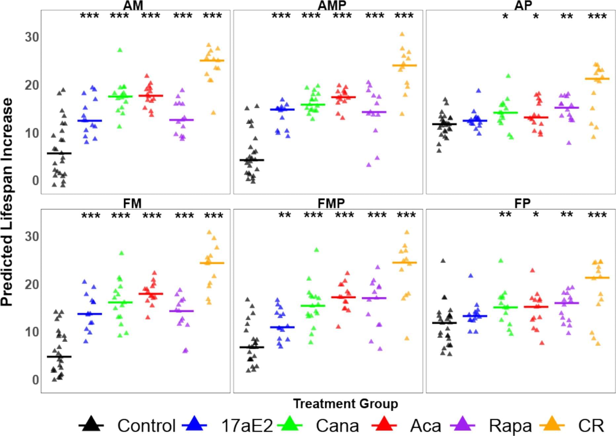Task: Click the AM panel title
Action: click(133, 5)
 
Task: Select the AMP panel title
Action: click(332, 5)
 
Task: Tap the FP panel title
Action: click(522, 203)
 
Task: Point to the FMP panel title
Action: click(331, 203)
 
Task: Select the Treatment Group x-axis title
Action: click(345, 404)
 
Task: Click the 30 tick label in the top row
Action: click(32, 37)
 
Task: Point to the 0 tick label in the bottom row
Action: click(35, 380)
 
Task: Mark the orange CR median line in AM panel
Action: click(212, 60)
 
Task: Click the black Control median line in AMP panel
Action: click(252, 160)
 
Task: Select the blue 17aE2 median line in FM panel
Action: click(90, 314)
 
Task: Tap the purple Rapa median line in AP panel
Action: click(566, 108)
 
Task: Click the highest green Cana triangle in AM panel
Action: click(120, 50)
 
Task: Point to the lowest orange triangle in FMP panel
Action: click(407, 338)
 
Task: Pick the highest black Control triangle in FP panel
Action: click(443, 261)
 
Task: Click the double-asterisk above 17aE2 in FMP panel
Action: click(285, 215)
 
